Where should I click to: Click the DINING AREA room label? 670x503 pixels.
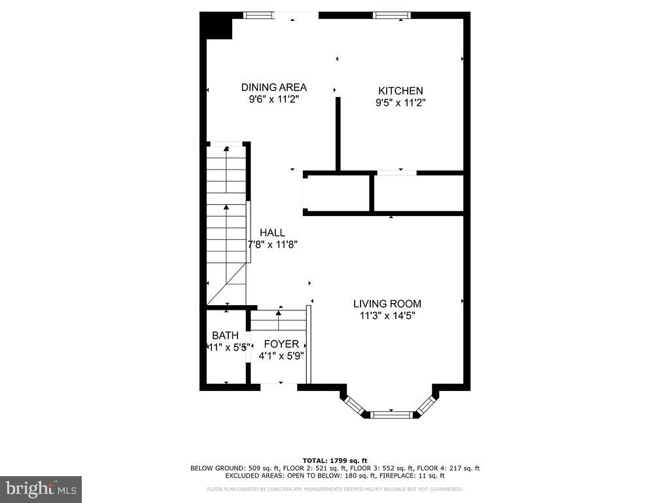coord(273,87)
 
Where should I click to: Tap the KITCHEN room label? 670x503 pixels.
coord(400,91)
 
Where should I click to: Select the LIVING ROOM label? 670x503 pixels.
coord(387,304)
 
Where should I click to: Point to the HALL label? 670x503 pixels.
coord(272,233)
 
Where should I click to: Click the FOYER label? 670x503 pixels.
coord(281,345)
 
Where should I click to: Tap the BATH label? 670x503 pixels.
coord(225,336)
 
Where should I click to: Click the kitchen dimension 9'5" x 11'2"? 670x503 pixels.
coord(400,103)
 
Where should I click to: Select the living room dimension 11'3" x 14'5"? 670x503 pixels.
coord(387,316)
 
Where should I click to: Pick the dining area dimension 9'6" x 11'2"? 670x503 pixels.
coord(273,99)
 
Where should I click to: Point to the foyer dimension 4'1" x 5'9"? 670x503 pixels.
coord(281,356)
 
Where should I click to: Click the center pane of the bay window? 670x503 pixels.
coord(391,414)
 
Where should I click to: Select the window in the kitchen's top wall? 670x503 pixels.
coord(392,15)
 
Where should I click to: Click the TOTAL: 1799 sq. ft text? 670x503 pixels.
coord(334,460)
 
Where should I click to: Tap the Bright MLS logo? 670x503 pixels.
coord(41,489)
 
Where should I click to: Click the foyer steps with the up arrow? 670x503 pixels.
coord(279,320)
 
